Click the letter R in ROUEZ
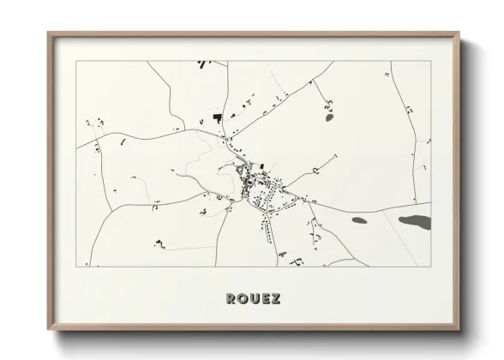[x=231, y=299]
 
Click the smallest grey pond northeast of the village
[x=330, y=118]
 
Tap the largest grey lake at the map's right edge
[x=415, y=222]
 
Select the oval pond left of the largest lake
[x=358, y=219]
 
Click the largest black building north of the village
[x=218, y=116]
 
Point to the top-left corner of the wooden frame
[x=49, y=34]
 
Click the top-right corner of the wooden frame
[x=459, y=34]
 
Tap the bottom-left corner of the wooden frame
[x=49, y=330]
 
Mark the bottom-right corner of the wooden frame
[x=459, y=330]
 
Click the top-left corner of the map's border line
[x=77, y=61]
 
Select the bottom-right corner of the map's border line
[x=430, y=267]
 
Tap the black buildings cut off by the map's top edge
[x=203, y=63]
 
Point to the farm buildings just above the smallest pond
[x=327, y=106]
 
